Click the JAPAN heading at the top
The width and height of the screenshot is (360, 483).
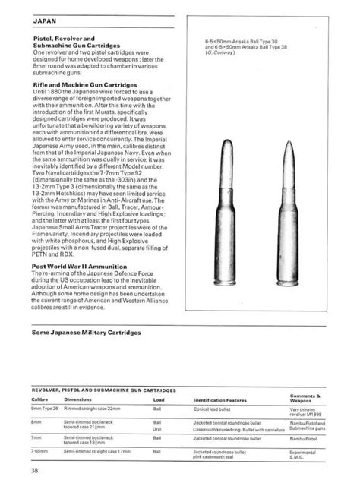coord(44,23)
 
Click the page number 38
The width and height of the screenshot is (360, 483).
coord(36,470)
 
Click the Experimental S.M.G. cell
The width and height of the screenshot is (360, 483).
coord(305,454)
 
